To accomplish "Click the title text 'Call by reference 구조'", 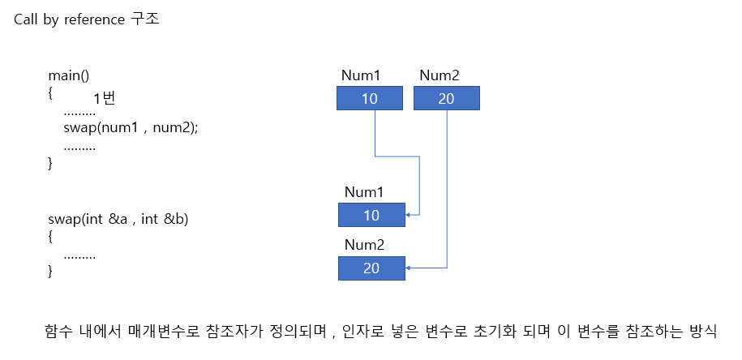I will (x=87, y=19).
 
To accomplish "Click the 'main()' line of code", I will (x=68, y=76).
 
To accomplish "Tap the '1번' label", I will (x=107, y=99).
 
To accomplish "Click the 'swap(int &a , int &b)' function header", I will (x=118, y=219).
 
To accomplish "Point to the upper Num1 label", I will (x=361, y=76).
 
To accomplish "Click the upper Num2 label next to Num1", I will (x=440, y=76).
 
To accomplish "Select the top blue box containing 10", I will (x=370, y=99).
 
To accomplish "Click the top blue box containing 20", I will (x=447, y=99).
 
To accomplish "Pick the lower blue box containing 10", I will (x=371, y=215).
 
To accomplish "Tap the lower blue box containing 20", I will (x=371, y=268).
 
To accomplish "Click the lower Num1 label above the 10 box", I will (x=364, y=193).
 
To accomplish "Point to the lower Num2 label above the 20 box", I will (x=364, y=245).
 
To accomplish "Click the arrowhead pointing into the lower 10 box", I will (x=409, y=215).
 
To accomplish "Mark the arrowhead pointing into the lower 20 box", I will (x=409, y=268).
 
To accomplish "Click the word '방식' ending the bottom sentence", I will (x=702, y=332).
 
